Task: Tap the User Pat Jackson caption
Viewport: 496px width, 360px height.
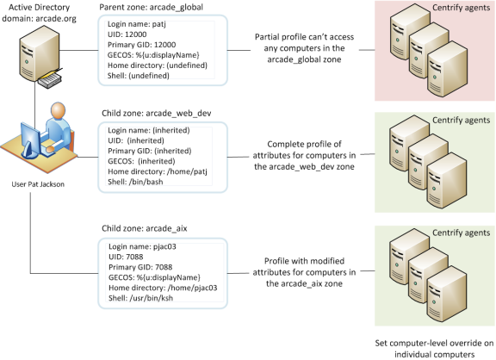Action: (40, 183)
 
